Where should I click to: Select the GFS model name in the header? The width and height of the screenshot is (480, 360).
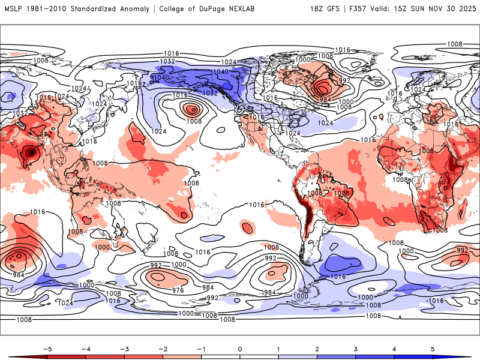[x=336, y=9]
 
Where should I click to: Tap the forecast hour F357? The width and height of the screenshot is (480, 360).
[x=362, y=9]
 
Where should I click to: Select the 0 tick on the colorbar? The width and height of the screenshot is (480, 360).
[x=240, y=348]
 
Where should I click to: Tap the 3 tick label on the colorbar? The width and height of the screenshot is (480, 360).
[x=356, y=348]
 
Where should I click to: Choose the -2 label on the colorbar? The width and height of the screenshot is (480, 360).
[x=163, y=348]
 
